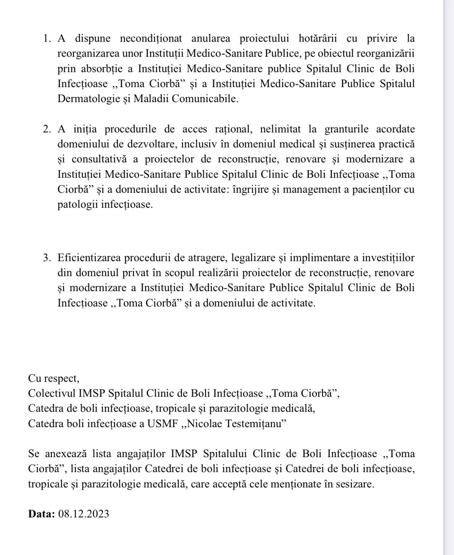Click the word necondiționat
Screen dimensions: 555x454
tap(151, 39)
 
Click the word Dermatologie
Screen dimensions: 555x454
tap(86, 99)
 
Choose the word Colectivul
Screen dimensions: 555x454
tap(52, 393)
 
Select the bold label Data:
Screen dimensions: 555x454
tap(42, 514)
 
